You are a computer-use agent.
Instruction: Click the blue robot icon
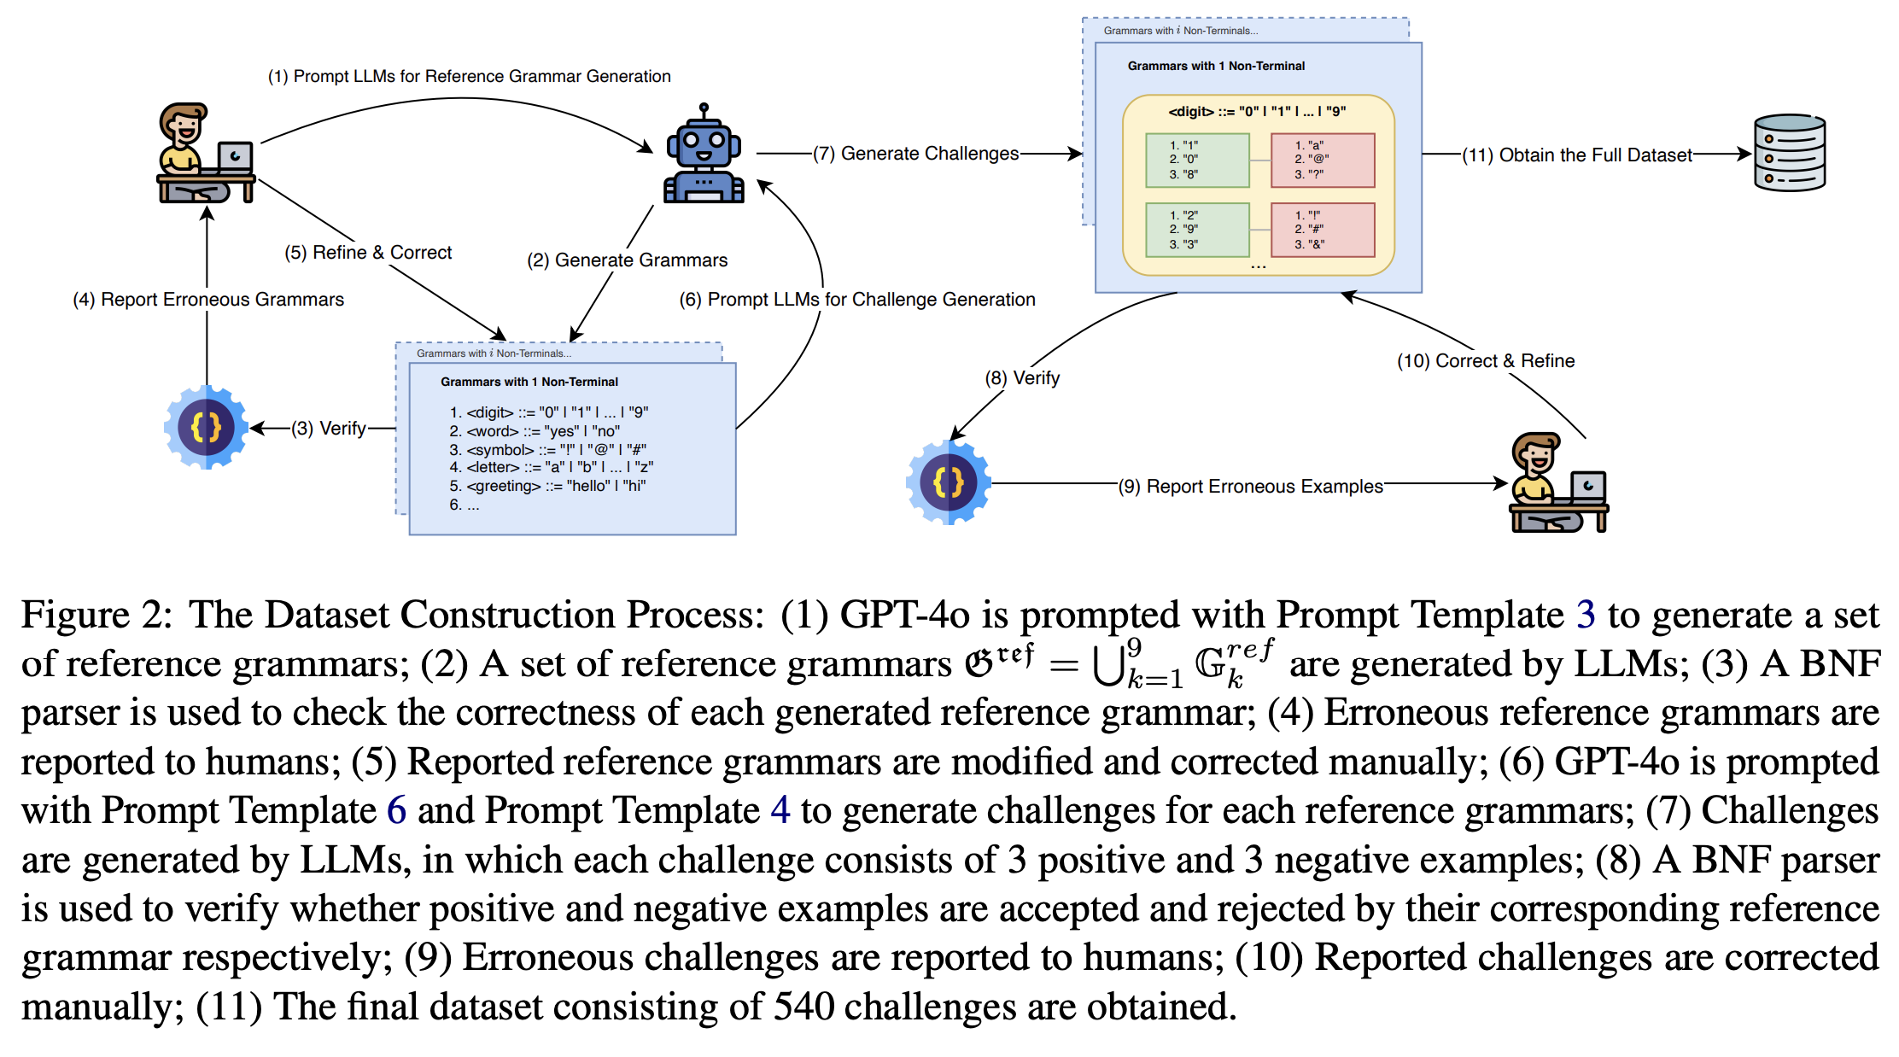pos(704,155)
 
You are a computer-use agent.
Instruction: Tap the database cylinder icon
pos(1789,153)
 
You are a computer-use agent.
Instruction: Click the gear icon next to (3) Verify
pos(206,427)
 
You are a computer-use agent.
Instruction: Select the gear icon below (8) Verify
pos(948,482)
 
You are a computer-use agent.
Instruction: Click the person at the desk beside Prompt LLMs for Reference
pos(205,154)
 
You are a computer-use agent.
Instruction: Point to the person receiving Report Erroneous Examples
pos(1557,483)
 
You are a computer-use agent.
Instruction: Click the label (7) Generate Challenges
pos(915,154)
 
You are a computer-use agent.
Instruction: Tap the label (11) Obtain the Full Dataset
pos(1576,155)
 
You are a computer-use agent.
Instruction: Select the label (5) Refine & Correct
pos(368,253)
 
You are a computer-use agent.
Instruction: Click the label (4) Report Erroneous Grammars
pos(208,300)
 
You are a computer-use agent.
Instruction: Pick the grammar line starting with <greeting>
pos(548,487)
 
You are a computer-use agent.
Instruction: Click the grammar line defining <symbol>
pos(548,450)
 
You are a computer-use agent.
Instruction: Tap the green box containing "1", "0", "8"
pos(1196,161)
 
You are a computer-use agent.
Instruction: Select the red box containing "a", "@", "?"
pos(1322,161)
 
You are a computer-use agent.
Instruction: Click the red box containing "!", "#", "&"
pos(1322,230)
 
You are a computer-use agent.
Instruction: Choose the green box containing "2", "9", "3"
pos(1196,230)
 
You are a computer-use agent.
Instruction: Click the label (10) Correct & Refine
pos(1485,361)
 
